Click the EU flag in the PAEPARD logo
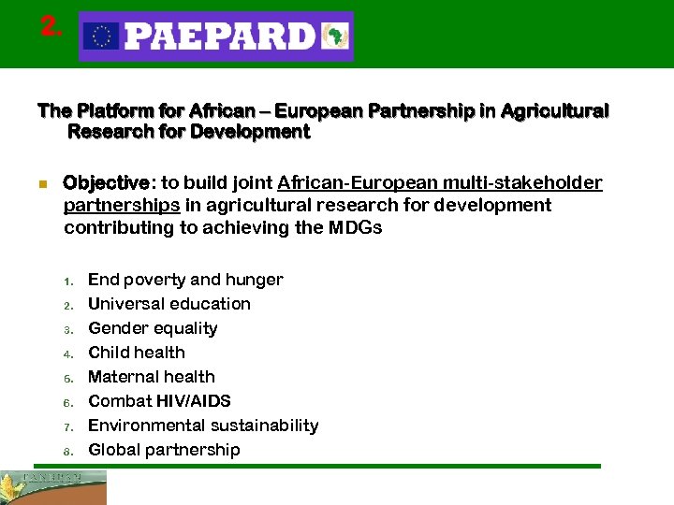100,36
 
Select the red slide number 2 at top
51,27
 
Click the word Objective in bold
106,182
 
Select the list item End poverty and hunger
185,280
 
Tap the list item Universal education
169,304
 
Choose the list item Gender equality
153,328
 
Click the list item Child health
137,353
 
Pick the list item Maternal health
152,377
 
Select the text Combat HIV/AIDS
159,401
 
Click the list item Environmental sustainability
203,426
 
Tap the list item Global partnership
164,450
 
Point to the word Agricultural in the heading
554,111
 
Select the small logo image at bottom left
53,486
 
